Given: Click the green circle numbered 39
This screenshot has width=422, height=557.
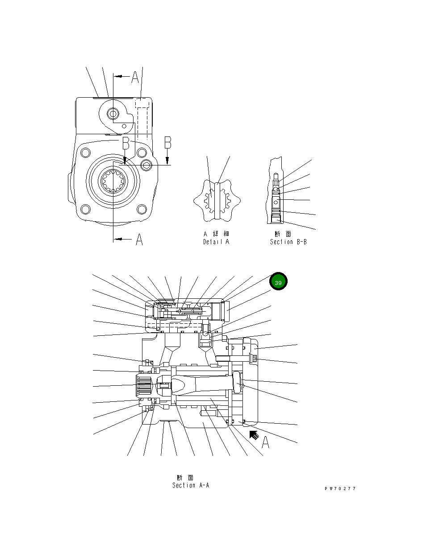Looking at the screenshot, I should click(278, 282).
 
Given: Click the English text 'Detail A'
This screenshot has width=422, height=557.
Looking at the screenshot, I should click(216, 242).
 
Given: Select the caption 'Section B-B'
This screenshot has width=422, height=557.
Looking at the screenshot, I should click(288, 242).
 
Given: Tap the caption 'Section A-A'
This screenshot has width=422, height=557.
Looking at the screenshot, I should click(191, 485).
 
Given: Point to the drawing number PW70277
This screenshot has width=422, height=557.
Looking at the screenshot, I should click(340, 489).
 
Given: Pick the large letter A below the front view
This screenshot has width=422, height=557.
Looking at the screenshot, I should click(139, 240).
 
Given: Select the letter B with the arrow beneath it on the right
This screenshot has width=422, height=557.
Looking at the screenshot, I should click(167, 143).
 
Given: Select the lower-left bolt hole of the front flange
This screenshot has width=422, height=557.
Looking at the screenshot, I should click(85, 209).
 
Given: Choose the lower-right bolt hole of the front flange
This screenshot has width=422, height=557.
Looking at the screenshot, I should click(142, 209).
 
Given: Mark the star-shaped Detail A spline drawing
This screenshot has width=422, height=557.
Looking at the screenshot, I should click(216, 201).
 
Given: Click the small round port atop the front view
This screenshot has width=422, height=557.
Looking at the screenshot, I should click(111, 114).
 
